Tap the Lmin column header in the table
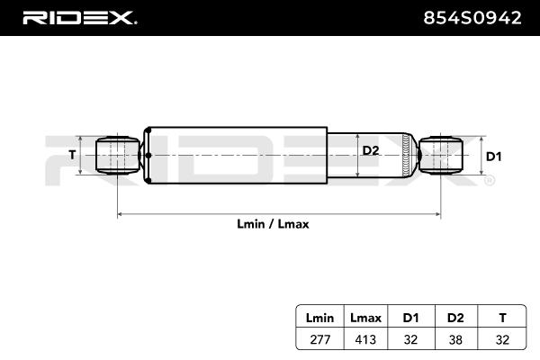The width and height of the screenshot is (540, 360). click(319, 318)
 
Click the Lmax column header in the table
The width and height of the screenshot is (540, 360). click(365, 318)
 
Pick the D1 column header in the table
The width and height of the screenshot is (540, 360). click(410, 318)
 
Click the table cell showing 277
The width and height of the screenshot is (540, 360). click(319, 339)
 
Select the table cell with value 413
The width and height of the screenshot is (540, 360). click(365, 339)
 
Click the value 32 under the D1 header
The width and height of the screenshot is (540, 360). click(410, 339)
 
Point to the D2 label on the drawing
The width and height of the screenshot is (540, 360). click(371, 150)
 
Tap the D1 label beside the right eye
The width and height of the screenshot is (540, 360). click(493, 156)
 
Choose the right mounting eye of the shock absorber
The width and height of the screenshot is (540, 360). click(441, 155)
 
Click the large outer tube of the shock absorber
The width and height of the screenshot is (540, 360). click(234, 155)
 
